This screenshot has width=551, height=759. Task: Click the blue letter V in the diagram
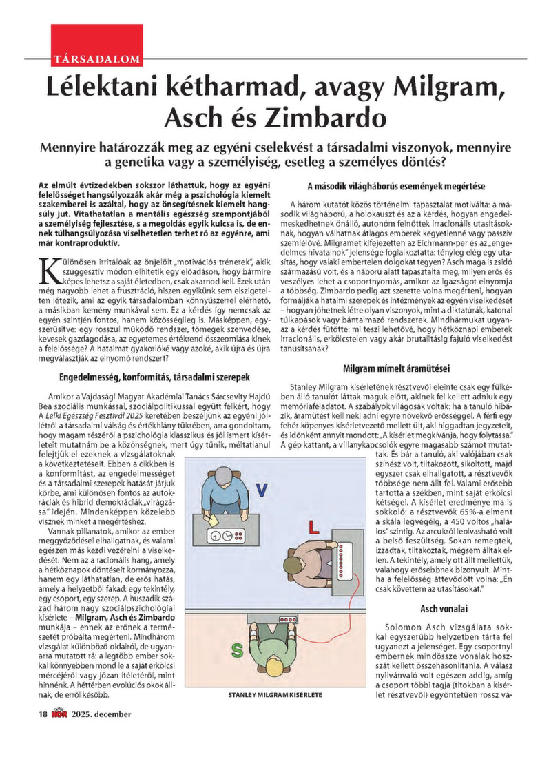click(x=262, y=490)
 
